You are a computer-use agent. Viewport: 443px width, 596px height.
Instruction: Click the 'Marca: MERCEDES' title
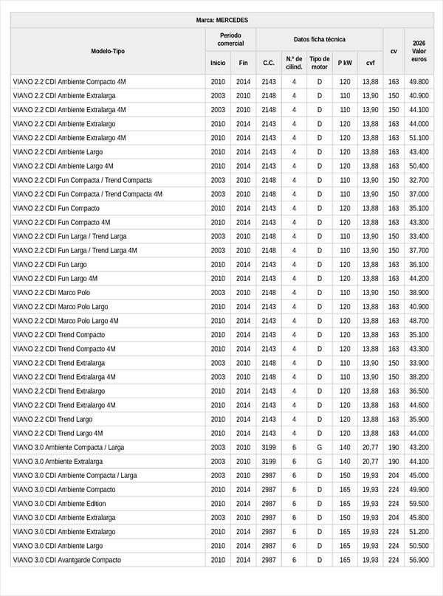click(222, 20)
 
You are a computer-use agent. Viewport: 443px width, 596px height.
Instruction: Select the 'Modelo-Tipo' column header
click(108, 51)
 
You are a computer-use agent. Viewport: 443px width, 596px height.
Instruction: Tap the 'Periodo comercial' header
click(230, 40)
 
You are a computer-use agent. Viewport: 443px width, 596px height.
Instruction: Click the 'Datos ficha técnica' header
click(319, 39)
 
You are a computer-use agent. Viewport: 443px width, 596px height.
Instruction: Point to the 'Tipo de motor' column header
click(320, 63)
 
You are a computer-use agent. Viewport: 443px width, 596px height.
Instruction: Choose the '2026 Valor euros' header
click(419, 51)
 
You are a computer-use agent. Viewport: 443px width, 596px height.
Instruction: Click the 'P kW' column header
click(345, 63)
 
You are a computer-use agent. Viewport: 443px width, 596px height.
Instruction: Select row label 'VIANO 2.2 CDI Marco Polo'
click(51, 293)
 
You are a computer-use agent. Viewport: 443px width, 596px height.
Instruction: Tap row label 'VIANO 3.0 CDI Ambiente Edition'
click(62, 504)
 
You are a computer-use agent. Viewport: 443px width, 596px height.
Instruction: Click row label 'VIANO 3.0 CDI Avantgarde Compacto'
click(66, 560)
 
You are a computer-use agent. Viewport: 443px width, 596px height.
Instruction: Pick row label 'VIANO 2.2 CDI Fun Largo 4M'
click(55, 279)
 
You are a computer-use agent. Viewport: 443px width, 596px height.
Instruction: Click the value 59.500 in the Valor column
click(419, 504)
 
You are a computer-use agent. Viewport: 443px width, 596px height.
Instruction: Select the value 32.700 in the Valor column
click(419, 180)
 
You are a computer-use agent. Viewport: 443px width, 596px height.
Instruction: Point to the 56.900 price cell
click(419, 560)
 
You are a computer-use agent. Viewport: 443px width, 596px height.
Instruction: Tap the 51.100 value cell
click(419, 138)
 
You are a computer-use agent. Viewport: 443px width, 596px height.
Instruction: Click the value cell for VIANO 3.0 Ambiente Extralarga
click(419, 461)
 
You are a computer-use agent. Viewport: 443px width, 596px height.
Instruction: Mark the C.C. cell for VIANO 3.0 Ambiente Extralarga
click(269, 461)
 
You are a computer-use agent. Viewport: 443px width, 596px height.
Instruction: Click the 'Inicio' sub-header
click(218, 63)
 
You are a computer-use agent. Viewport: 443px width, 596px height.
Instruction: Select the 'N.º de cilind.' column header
click(294, 63)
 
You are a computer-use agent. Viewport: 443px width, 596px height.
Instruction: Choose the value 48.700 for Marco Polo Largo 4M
click(419, 321)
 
